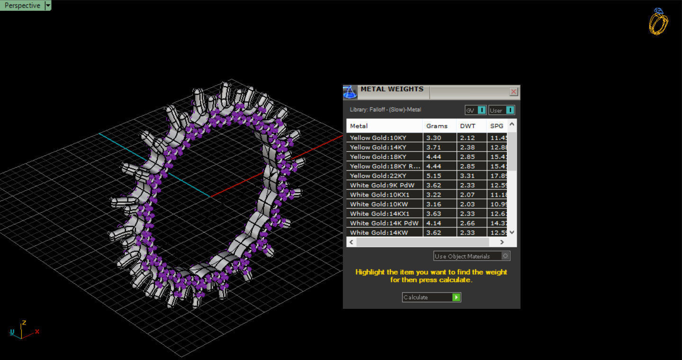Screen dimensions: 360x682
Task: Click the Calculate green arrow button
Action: click(x=456, y=297)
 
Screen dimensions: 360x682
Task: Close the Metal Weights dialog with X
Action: click(x=513, y=91)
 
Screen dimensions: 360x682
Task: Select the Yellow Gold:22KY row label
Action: click(x=378, y=176)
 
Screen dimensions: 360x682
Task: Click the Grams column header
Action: click(x=437, y=126)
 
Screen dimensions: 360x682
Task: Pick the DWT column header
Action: click(x=467, y=126)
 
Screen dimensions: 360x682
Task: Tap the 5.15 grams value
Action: click(x=434, y=176)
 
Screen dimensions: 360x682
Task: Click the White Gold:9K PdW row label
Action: click(x=382, y=185)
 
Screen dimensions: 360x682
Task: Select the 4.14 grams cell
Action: click(x=434, y=223)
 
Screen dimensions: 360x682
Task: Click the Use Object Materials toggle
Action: click(x=505, y=256)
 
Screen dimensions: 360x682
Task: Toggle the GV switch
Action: click(x=481, y=110)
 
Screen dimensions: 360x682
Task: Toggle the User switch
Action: click(x=510, y=110)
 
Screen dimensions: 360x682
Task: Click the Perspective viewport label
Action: click(x=22, y=5)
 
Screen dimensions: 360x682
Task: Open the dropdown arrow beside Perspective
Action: click(x=48, y=5)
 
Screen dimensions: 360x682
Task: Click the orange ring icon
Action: click(x=658, y=22)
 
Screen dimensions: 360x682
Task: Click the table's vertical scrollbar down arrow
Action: click(x=511, y=233)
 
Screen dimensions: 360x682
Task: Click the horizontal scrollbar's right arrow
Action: click(x=502, y=242)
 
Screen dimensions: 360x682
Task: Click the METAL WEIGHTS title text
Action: click(x=392, y=89)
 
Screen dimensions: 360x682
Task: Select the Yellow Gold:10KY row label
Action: click(x=378, y=138)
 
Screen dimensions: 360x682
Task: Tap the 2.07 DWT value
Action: click(x=467, y=195)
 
